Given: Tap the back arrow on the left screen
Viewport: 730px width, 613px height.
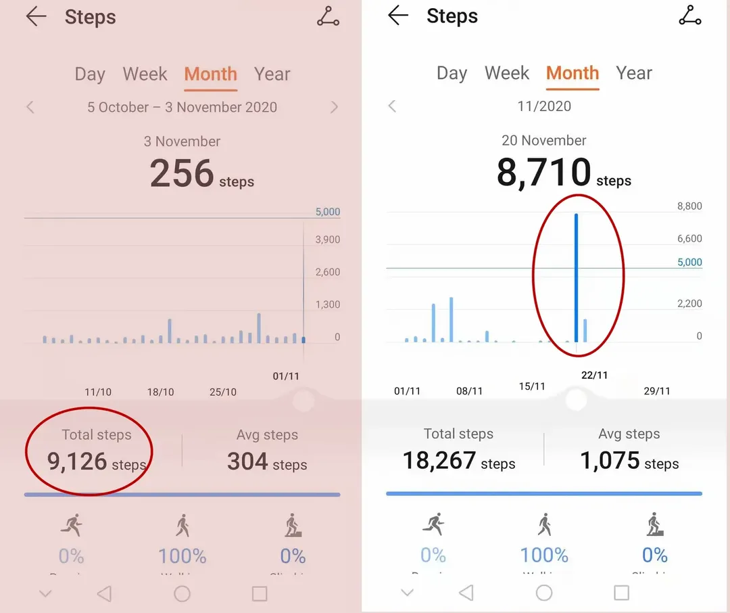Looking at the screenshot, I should coord(36,18).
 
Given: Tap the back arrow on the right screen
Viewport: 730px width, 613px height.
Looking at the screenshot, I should coord(398,16).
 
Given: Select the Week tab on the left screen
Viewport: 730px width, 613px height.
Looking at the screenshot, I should coord(145,74).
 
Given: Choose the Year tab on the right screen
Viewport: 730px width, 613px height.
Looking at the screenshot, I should coord(634,73).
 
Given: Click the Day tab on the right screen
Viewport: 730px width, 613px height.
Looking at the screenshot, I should coord(452,73).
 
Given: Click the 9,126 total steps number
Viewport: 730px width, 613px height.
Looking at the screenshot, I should coord(77,461).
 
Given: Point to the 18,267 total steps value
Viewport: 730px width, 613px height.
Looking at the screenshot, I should coord(439,461).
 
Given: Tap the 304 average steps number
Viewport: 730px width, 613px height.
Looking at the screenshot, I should coord(247,461).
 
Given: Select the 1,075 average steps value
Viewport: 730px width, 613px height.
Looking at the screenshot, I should coord(610,461).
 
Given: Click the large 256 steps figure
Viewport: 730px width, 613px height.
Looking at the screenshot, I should coord(182,174).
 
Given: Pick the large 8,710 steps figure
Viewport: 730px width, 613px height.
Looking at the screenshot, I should coord(543,173).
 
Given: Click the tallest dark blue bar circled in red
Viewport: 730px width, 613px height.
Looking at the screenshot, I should coord(577,277).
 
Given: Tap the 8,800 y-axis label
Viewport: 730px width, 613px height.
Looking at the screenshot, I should coord(689,206).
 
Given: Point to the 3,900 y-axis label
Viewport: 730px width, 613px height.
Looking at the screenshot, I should coord(327,240).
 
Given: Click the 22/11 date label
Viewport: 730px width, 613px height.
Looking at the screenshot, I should coord(594,376).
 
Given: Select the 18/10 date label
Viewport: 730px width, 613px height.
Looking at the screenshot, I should coord(160,392).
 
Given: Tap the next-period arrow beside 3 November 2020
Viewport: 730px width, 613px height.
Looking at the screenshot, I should coord(334,107).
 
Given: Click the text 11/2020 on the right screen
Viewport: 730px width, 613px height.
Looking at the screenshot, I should coord(544,106).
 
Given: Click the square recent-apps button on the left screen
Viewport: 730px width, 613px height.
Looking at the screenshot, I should coord(260,594).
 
